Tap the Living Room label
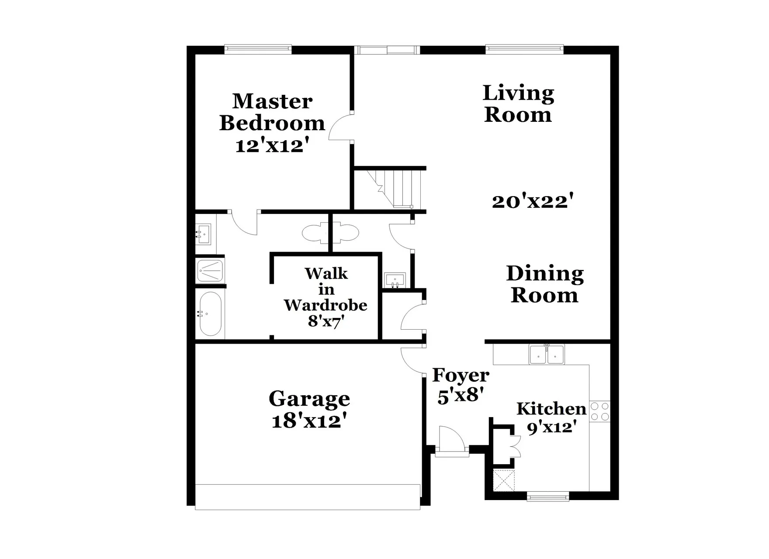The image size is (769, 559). (x=518, y=104)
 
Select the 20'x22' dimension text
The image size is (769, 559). (x=532, y=201)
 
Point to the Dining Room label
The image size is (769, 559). (x=545, y=284)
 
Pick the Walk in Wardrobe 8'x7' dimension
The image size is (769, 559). (x=326, y=321)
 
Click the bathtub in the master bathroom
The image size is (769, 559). (x=211, y=314)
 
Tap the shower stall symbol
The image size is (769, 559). (x=210, y=271)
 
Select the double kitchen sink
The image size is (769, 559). (x=547, y=354)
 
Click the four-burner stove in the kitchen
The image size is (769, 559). (x=599, y=411)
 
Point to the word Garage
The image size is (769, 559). (x=309, y=399)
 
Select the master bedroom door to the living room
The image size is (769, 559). (x=340, y=127)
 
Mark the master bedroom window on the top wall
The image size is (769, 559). (x=258, y=49)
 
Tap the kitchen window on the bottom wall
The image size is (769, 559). (x=548, y=496)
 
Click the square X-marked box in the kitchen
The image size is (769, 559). (x=503, y=480)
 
